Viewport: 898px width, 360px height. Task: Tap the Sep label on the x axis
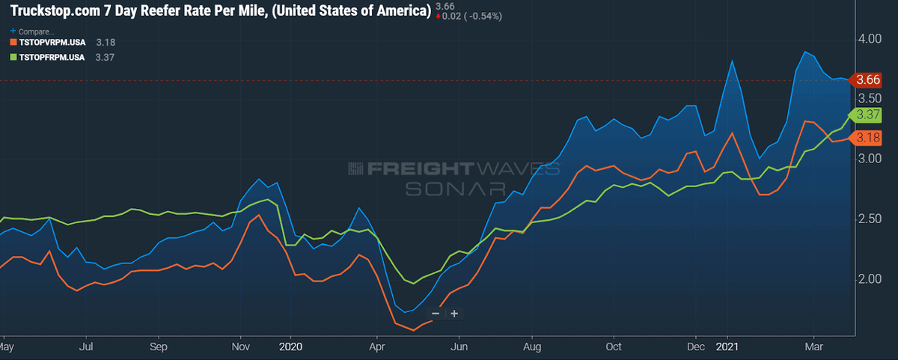(158, 347)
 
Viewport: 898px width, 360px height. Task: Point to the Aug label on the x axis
(532, 347)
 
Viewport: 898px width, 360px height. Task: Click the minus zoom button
(436, 314)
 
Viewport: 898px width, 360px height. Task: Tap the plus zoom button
(453, 314)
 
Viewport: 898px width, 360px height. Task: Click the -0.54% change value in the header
(483, 16)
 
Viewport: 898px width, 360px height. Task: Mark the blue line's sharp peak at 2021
(732, 61)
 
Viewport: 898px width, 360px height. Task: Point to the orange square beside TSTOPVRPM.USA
(12, 43)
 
